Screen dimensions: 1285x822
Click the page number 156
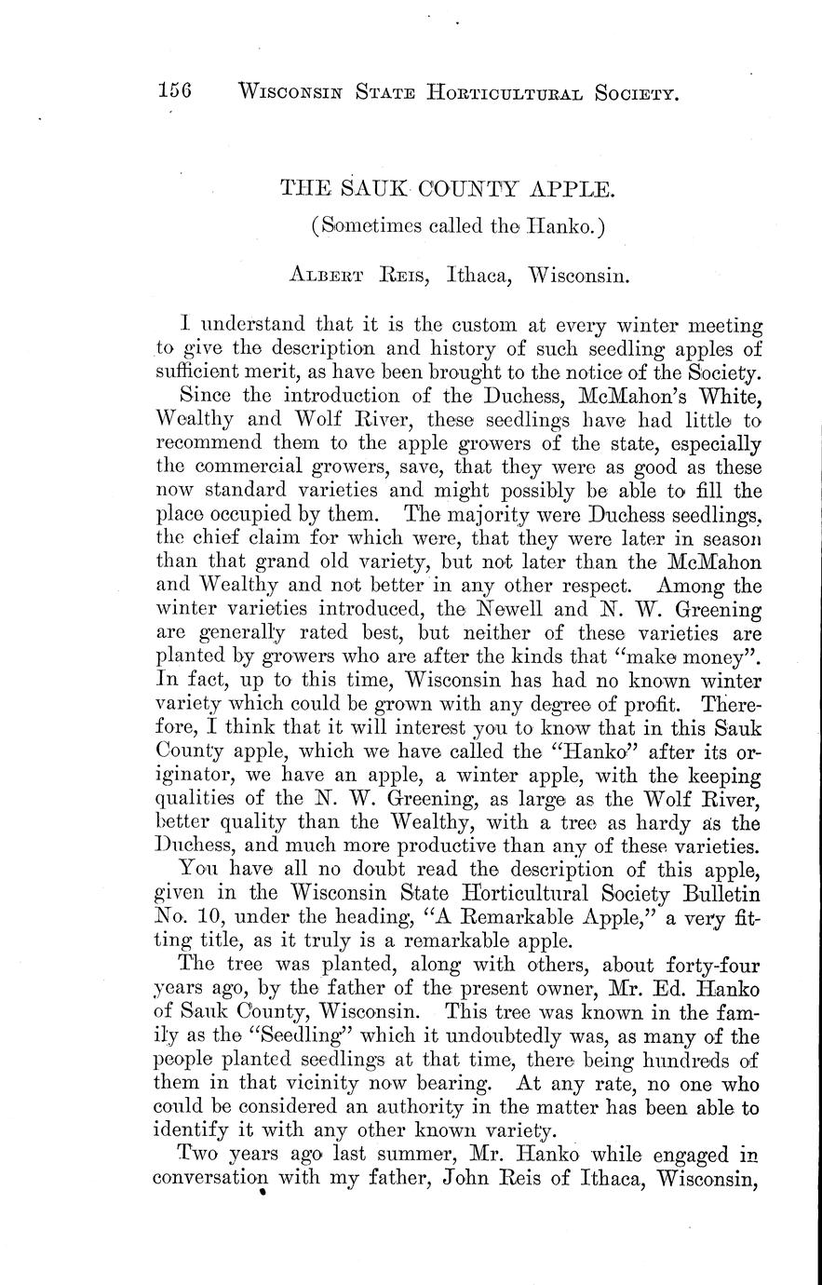tap(174, 90)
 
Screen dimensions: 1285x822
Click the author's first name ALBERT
tap(329, 276)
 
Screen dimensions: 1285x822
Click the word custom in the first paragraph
tap(478, 325)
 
